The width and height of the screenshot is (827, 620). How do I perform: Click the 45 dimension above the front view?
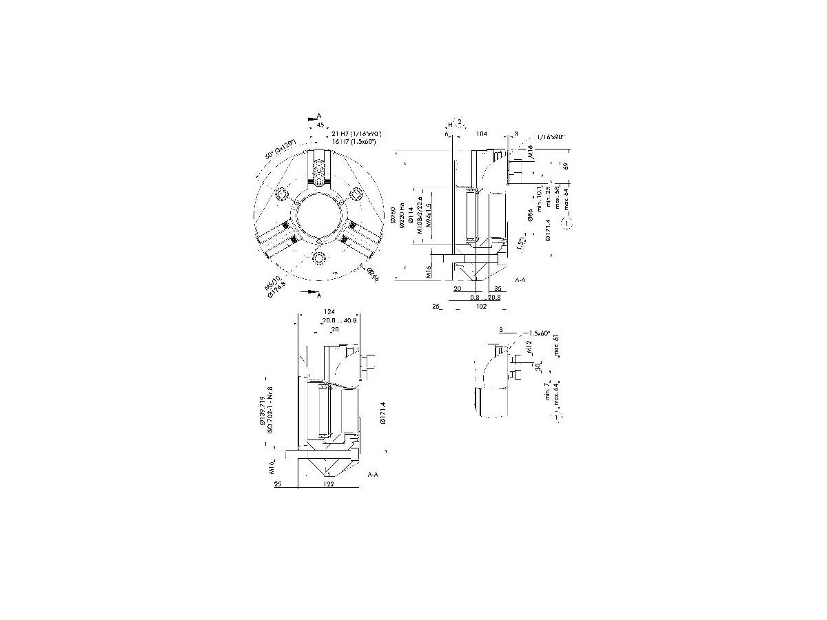pyautogui.click(x=320, y=125)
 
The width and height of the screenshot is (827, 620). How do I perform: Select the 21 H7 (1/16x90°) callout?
pyautogui.click(x=356, y=133)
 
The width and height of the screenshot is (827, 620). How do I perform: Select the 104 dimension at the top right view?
pyautogui.click(x=482, y=133)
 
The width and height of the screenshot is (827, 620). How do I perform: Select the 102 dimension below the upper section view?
pyautogui.click(x=482, y=307)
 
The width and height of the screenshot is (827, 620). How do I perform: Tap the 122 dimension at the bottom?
pyautogui.click(x=329, y=485)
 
